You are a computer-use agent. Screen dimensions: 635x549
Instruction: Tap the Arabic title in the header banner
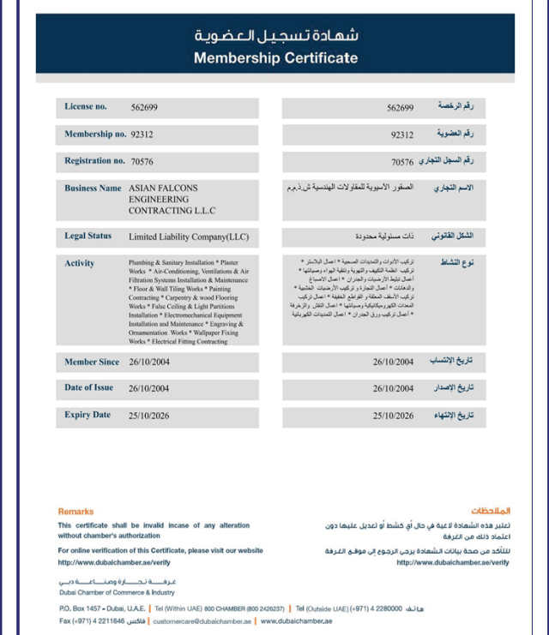click(275, 36)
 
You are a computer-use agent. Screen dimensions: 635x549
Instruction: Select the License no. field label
click(86, 107)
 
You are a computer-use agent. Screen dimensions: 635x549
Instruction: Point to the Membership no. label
click(89, 135)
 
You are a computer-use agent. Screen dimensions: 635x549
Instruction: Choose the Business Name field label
click(93, 188)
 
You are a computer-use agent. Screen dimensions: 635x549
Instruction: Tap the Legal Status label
click(88, 236)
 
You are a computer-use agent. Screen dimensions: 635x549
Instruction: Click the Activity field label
click(80, 263)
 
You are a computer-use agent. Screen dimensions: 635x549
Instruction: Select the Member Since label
click(92, 362)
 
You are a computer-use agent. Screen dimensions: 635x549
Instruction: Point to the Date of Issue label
click(89, 387)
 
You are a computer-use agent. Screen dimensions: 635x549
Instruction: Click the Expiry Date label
click(87, 415)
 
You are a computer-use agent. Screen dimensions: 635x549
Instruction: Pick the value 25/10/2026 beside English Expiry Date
click(149, 416)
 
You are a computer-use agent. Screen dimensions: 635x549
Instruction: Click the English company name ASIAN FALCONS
click(163, 189)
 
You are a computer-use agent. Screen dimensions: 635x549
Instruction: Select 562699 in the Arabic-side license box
click(400, 108)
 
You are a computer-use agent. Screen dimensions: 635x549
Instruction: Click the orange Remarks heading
click(75, 512)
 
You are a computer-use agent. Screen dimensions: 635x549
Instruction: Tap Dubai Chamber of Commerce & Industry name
click(116, 592)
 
